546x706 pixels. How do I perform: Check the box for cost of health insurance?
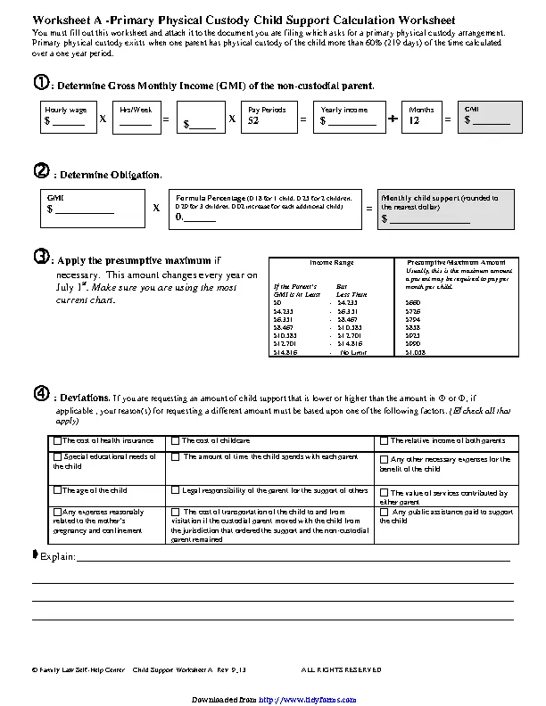pyautogui.click(x=57, y=440)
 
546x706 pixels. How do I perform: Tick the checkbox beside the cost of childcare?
pyautogui.click(x=176, y=440)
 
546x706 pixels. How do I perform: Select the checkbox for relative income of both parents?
pyautogui.click(x=385, y=440)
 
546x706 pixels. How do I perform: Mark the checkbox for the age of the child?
pyautogui.click(x=57, y=489)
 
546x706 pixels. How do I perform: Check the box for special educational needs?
pyautogui.click(x=57, y=456)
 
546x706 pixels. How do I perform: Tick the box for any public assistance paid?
pyautogui.click(x=385, y=513)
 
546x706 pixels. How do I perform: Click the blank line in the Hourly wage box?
pyautogui.click(x=70, y=124)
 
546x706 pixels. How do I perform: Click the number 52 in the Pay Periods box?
pyautogui.click(x=253, y=119)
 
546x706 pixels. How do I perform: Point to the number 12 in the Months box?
pyautogui.click(x=414, y=119)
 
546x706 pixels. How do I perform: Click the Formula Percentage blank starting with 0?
pyautogui.click(x=196, y=217)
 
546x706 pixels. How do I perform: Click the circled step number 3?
pyautogui.click(x=40, y=257)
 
